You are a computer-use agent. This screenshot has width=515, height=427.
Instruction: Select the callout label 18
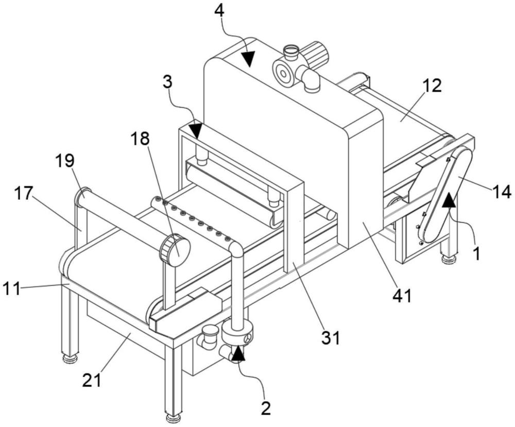(141, 139)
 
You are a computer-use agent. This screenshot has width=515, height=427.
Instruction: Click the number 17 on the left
(23, 194)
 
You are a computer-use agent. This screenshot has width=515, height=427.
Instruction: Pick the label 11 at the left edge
(12, 289)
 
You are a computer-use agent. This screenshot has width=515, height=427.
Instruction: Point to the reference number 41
(402, 296)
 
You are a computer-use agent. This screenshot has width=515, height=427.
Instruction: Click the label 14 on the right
(501, 191)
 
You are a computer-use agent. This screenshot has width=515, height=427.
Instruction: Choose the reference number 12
(432, 86)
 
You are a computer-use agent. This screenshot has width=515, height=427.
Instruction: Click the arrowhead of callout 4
(248, 58)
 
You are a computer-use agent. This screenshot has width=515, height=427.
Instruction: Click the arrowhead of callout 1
(449, 200)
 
